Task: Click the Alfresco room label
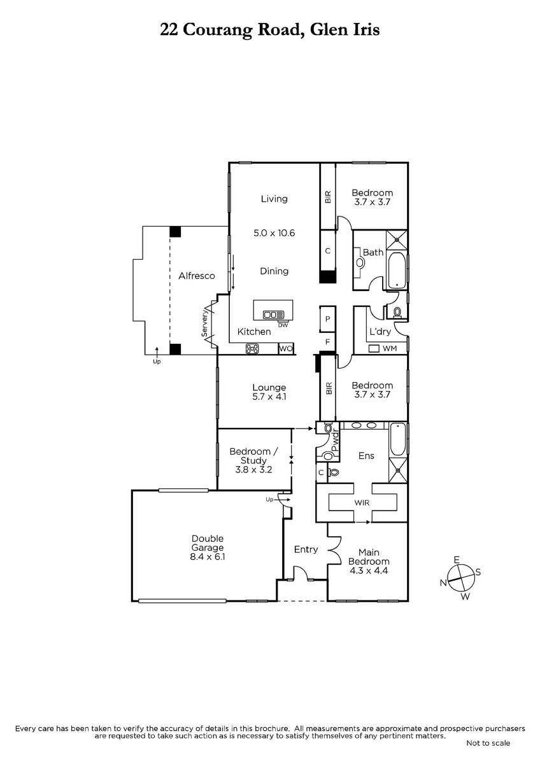(x=197, y=276)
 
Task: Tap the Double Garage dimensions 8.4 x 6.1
(x=208, y=557)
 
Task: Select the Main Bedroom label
(x=369, y=557)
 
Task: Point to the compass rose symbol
(x=461, y=578)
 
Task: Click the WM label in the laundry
(x=390, y=348)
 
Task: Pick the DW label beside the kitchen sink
(x=283, y=325)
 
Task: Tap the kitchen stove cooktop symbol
(x=252, y=348)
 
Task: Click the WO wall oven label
(x=286, y=349)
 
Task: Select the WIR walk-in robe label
(x=362, y=503)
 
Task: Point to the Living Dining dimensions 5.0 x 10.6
(x=274, y=233)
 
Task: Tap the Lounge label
(x=269, y=388)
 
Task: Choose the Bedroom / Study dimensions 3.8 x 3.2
(x=253, y=470)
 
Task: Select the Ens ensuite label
(x=366, y=456)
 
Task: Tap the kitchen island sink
(x=274, y=314)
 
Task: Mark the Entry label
(x=306, y=549)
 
